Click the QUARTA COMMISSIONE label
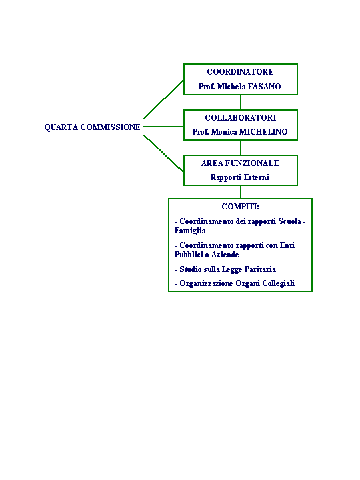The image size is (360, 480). [92, 127]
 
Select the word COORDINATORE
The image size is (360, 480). [240, 72]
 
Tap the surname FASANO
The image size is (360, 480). [264, 87]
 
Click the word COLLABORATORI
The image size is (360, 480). [241, 118]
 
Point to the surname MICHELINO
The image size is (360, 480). [263, 132]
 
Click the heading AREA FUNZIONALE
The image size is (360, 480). [240, 163]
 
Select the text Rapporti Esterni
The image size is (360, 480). [240, 177]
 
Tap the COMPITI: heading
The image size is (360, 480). [240, 207]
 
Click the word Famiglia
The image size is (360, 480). [190, 231]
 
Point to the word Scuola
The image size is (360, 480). [289, 221]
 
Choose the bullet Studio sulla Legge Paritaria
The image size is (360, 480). [225, 269]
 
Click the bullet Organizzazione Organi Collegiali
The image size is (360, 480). [235, 283]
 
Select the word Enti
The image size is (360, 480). [287, 245]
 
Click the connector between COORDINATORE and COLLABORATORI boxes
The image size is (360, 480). [241, 102]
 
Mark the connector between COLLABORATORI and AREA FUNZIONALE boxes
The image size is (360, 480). [241, 147]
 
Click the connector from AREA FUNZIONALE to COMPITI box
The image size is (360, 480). [241, 192]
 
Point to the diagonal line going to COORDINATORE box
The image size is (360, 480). [163, 99]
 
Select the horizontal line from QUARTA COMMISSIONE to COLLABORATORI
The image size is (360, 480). [163, 127]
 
